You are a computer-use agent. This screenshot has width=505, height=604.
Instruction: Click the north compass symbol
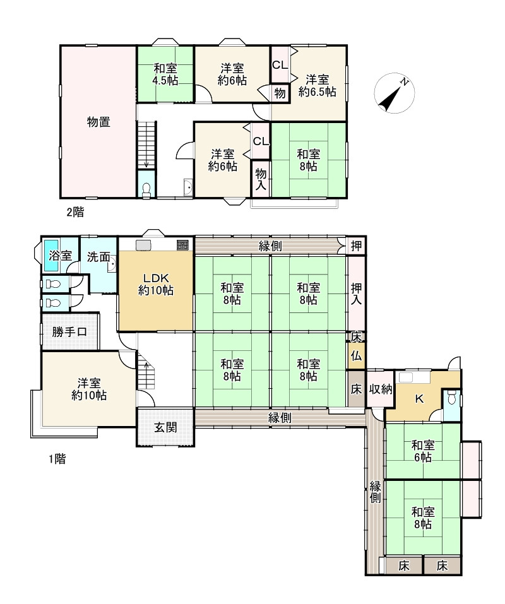click(x=394, y=93)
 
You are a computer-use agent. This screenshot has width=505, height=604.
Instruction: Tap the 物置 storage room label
click(x=98, y=122)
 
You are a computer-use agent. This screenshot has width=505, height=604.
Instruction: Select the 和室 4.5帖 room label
click(x=165, y=74)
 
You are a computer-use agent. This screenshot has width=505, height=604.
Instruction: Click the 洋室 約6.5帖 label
click(x=318, y=86)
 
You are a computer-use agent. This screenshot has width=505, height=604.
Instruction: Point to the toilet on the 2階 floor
click(x=146, y=191)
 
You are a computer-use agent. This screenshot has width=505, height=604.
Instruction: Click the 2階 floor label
click(x=75, y=212)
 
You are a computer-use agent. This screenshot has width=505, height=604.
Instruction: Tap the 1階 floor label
click(x=57, y=459)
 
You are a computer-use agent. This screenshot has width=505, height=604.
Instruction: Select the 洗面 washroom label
click(x=98, y=257)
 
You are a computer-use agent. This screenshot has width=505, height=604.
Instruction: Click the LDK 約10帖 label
click(x=156, y=284)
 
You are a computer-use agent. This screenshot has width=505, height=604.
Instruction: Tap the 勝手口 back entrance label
click(x=69, y=331)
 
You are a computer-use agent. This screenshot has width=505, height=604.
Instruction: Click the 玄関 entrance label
click(x=165, y=427)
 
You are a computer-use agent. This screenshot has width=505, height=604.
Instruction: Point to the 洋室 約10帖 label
click(x=89, y=389)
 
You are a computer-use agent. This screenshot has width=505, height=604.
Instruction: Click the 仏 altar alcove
click(x=356, y=356)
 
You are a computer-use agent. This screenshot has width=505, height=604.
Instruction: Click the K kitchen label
click(x=419, y=399)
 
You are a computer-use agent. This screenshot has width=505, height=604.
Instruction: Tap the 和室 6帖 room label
click(x=423, y=451)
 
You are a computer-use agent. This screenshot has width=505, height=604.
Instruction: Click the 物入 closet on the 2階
click(x=261, y=179)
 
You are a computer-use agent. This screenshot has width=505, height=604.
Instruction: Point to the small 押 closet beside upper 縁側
click(x=356, y=246)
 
